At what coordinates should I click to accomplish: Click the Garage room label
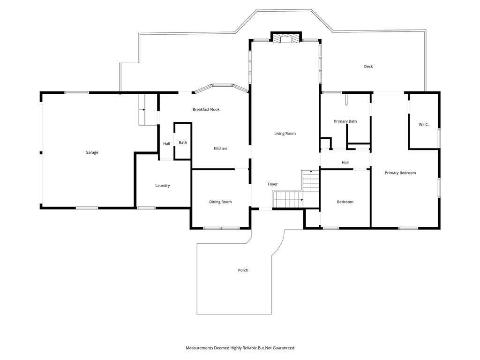92,152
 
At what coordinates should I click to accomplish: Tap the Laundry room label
163,186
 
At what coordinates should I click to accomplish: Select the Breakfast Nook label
206,109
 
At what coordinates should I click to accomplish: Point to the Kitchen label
220,149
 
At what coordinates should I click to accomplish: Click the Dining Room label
220,202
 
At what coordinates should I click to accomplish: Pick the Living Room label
285,134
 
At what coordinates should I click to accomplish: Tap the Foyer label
273,184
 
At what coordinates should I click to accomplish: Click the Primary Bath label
345,121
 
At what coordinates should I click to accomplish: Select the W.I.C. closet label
424,124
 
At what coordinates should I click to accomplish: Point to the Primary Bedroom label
400,172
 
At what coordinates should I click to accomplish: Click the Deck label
368,67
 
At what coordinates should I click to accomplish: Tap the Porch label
243,270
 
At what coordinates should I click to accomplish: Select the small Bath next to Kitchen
183,141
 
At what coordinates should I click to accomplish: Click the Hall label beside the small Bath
166,143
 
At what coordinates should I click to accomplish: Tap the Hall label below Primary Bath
345,163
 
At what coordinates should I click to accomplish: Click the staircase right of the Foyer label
296,190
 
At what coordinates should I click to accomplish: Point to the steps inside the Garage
144,109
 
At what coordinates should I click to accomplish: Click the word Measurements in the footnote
199,348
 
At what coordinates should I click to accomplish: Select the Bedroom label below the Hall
345,202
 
